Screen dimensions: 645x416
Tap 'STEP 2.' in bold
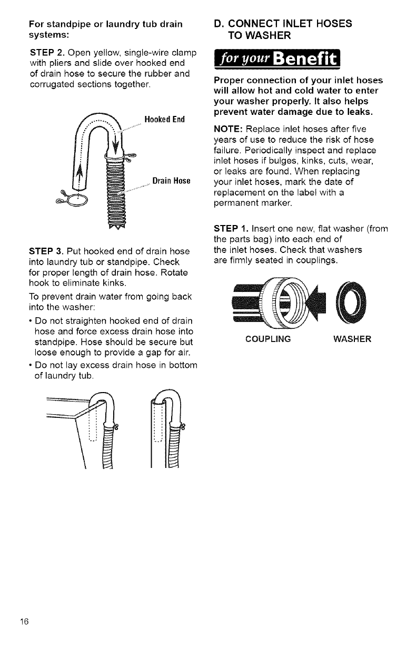(46, 53)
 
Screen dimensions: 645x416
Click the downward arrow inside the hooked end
(117, 143)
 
